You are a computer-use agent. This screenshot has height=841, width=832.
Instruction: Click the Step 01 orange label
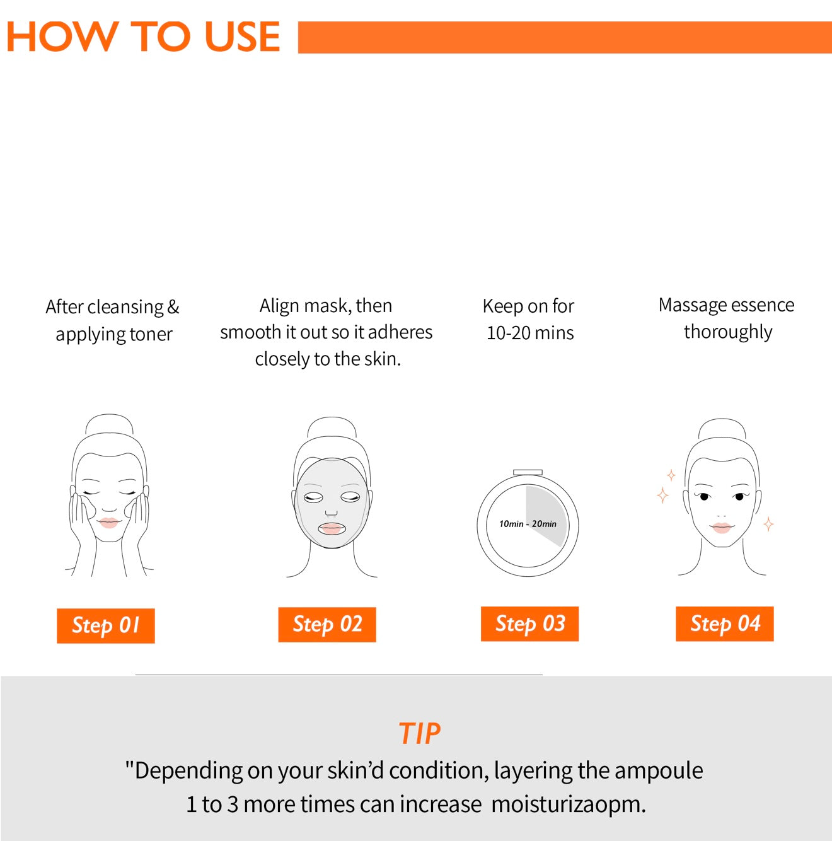click(x=105, y=625)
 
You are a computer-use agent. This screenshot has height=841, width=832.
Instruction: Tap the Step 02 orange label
click(x=327, y=624)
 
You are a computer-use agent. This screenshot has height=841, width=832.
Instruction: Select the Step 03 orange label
click(x=529, y=623)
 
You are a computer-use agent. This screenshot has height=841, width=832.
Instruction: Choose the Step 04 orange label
click(x=724, y=623)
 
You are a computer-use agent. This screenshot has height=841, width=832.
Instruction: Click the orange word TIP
click(x=419, y=733)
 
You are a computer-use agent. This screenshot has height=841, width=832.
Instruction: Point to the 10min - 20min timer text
click(x=528, y=524)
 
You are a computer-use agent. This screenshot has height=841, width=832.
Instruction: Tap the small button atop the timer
click(x=528, y=472)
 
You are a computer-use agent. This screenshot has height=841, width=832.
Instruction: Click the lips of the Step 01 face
click(x=108, y=523)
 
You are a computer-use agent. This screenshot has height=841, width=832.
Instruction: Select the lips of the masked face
click(x=332, y=528)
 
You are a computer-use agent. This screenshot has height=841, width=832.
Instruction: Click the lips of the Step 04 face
click(x=721, y=526)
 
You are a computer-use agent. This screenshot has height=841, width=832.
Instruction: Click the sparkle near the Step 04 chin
click(x=768, y=524)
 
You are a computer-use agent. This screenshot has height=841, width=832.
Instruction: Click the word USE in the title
click(x=242, y=37)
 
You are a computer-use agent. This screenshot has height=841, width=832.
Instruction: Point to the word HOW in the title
click(x=61, y=37)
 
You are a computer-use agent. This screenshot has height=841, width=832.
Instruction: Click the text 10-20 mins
click(x=529, y=333)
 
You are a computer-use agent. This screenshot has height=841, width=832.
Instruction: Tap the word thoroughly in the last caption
click(x=728, y=332)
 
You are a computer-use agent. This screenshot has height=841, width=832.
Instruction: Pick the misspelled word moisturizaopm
click(x=568, y=804)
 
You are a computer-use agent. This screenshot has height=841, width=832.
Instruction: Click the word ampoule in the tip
click(x=658, y=770)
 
